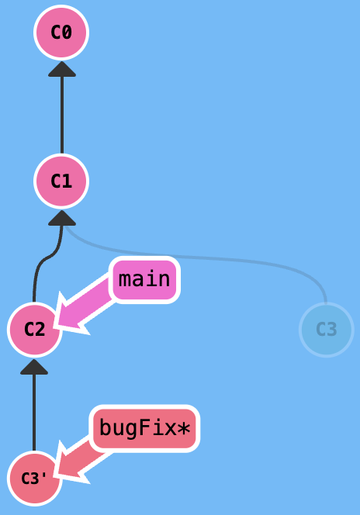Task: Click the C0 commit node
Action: pos(61,33)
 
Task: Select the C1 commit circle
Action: pos(61,181)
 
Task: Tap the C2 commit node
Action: pos(34,330)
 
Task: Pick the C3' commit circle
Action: pos(34,479)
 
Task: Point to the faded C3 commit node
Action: pos(327,330)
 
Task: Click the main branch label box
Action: pos(144,279)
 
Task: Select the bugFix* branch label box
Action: pos(144,428)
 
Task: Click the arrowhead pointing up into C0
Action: pos(62,69)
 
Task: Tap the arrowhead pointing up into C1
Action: pos(62,218)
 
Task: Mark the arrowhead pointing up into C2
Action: pos(34,367)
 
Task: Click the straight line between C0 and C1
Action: pos(62,115)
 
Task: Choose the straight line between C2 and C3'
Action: pos(34,413)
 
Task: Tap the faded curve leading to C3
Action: pos(197,257)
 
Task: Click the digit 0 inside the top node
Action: pos(67,33)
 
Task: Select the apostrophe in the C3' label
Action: pos(45,475)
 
